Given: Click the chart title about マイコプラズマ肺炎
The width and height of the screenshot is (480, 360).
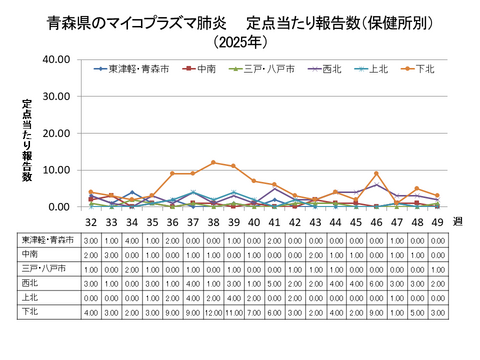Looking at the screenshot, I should pyautogui.click(x=240, y=21).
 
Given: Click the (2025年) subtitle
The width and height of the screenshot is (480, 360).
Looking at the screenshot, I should pyautogui.click(x=240, y=42).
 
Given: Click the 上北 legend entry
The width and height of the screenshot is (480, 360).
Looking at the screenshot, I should pyautogui.click(x=374, y=69).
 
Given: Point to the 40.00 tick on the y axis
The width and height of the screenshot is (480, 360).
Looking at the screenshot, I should pyautogui.click(x=56, y=60).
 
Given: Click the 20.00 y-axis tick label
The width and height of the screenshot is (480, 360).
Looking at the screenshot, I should pyautogui.click(x=56, y=133).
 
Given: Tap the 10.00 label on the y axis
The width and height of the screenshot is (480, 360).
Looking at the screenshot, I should pyautogui.click(x=56, y=170).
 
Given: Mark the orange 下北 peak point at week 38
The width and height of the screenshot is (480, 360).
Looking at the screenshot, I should pyautogui.click(x=213, y=162).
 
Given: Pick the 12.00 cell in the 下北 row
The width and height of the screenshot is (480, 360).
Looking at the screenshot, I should pyautogui.click(x=213, y=312).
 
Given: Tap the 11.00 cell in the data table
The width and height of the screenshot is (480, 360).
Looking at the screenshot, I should pyautogui.click(x=233, y=312).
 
